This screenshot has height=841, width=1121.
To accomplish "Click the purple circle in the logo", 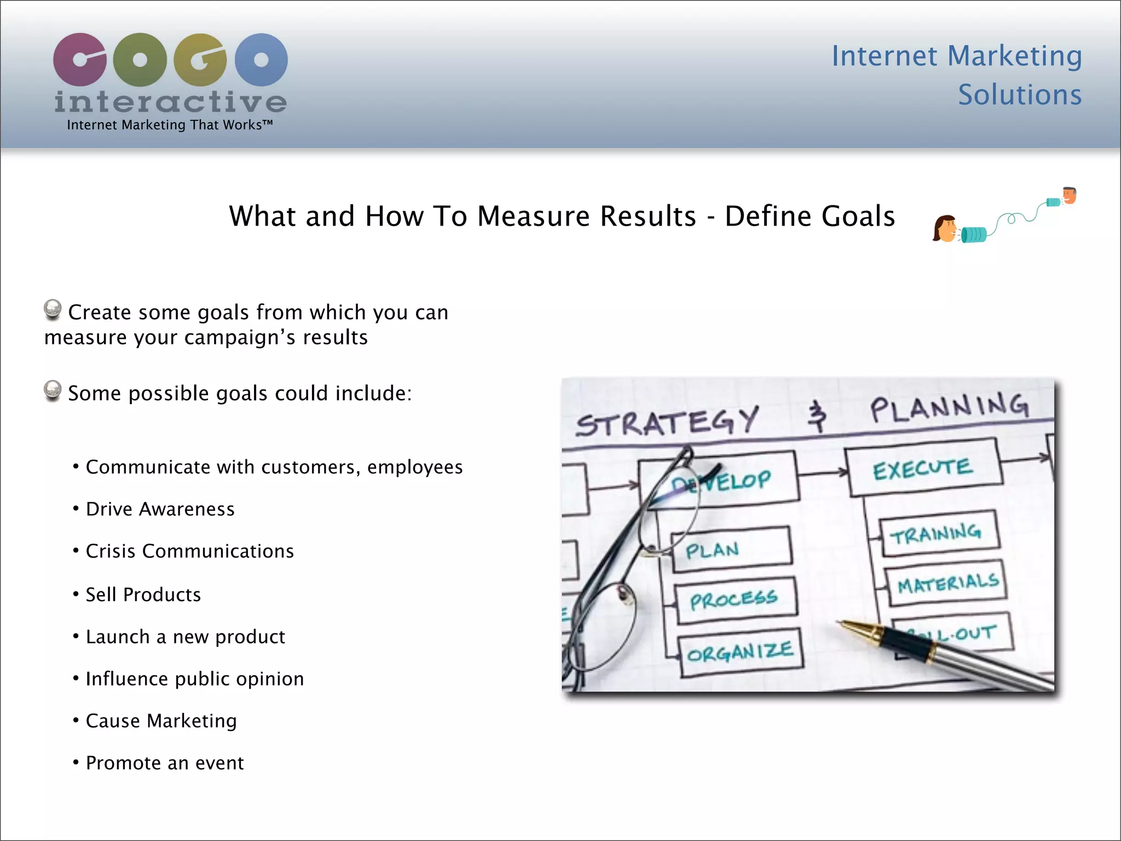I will (80, 60).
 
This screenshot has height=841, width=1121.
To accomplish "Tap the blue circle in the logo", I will (261, 60).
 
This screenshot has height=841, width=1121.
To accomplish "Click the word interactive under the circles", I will (170, 102).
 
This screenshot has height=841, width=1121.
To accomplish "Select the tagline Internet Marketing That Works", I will (170, 125).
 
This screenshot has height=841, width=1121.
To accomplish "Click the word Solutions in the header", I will (1020, 95).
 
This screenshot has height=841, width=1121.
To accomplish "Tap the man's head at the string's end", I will (1069, 195).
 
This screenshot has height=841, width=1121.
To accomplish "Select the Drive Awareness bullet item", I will (160, 509).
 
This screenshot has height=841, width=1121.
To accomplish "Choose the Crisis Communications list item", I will (189, 551).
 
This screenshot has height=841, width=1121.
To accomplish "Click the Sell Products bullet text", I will (143, 595).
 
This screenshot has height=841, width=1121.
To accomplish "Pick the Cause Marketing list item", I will (161, 721).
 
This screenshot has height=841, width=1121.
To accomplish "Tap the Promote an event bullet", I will (164, 763).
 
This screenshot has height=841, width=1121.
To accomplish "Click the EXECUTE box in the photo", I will (923, 469).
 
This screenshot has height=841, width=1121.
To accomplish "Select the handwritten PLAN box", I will (731, 550).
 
